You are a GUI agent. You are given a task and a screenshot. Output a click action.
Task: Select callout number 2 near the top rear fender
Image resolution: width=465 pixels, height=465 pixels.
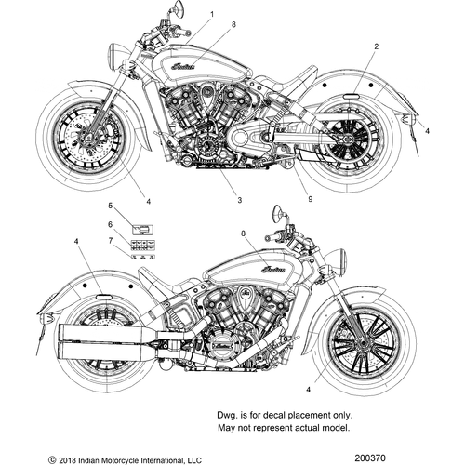point(376,46)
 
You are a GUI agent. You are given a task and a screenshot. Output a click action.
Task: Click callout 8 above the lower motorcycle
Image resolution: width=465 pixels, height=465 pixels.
point(244,233)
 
